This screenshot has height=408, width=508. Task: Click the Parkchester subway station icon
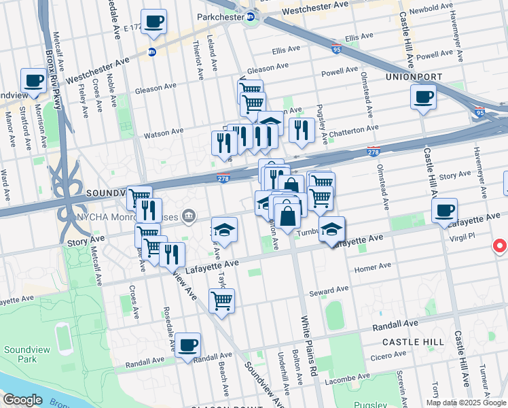coord(251,17)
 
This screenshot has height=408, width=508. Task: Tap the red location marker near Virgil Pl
coord(501,245)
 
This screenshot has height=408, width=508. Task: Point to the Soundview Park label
coord(18,354)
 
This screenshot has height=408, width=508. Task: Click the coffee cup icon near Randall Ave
coord(187,344)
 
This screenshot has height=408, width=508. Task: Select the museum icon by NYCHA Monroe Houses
coord(189,216)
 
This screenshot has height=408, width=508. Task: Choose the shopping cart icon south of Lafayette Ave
coord(221,301)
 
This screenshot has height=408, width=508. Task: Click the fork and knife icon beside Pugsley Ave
coord(301,129)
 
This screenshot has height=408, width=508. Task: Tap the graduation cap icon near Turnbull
coord(331,229)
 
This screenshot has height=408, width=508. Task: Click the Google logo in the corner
coord(22,400)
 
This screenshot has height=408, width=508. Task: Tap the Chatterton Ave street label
coord(354,129)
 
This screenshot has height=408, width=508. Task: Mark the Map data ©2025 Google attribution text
coord(465,403)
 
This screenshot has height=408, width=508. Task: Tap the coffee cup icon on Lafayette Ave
coord(444,209)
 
